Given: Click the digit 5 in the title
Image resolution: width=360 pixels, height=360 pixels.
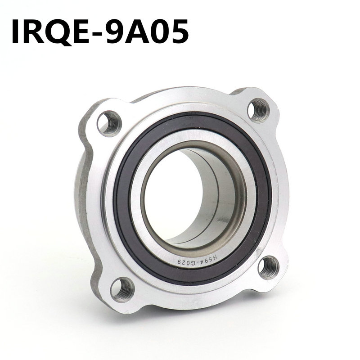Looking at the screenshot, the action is [179, 31].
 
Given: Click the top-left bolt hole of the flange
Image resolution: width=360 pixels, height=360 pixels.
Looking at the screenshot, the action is [109, 123].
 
